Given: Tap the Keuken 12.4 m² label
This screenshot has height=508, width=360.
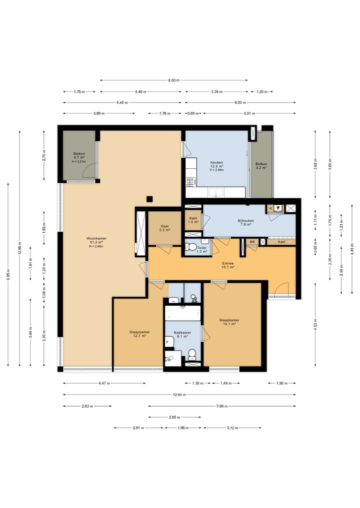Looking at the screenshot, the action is coord(216,166).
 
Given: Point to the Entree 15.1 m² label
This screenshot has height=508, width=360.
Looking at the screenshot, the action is coord(227,265).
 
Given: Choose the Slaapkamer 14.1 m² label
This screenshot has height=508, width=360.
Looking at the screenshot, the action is coord(229,322).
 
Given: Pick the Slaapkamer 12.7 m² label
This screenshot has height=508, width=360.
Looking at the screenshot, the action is coord(139,334).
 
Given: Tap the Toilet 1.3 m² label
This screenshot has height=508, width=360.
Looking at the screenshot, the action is coord(201,249).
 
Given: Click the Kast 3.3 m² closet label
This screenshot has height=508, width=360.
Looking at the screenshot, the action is coord(165,228).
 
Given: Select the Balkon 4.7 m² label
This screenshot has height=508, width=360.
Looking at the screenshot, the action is coord(79,157).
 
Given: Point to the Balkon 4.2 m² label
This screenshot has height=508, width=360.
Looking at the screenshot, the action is coord(261,166).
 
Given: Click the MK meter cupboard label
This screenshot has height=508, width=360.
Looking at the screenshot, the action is coord(252,242).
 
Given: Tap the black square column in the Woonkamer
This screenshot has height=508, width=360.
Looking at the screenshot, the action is coord(149,199).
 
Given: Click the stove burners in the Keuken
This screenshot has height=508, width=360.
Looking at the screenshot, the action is coord(190,182).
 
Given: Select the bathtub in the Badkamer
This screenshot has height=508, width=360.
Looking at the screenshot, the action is coord(182,313).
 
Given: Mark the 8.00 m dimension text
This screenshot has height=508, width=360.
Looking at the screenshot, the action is coord(174,80).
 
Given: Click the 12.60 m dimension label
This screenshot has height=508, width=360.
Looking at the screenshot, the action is coord(179,395).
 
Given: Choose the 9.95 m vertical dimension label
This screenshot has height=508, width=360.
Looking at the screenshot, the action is coord(8,274).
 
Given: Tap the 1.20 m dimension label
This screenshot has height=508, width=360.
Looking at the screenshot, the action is coord(262,92).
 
